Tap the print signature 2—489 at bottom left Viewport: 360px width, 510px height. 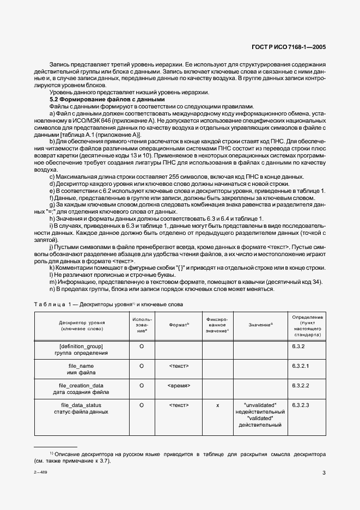(x=40, y=473)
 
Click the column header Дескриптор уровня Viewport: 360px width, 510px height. (x=82, y=326)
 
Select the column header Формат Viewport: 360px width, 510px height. (x=179, y=325)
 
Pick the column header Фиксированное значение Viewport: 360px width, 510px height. (x=217, y=325)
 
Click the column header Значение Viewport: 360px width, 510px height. (x=260, y=325)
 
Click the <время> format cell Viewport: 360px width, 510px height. (x=179, y=385)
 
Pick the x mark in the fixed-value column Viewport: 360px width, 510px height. (x=217, y=405)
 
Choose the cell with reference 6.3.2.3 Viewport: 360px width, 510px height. (x=301, y=405)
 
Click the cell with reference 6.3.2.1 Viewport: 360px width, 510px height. (x=301, y=366)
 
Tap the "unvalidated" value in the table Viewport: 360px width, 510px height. (x=260, y=405)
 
